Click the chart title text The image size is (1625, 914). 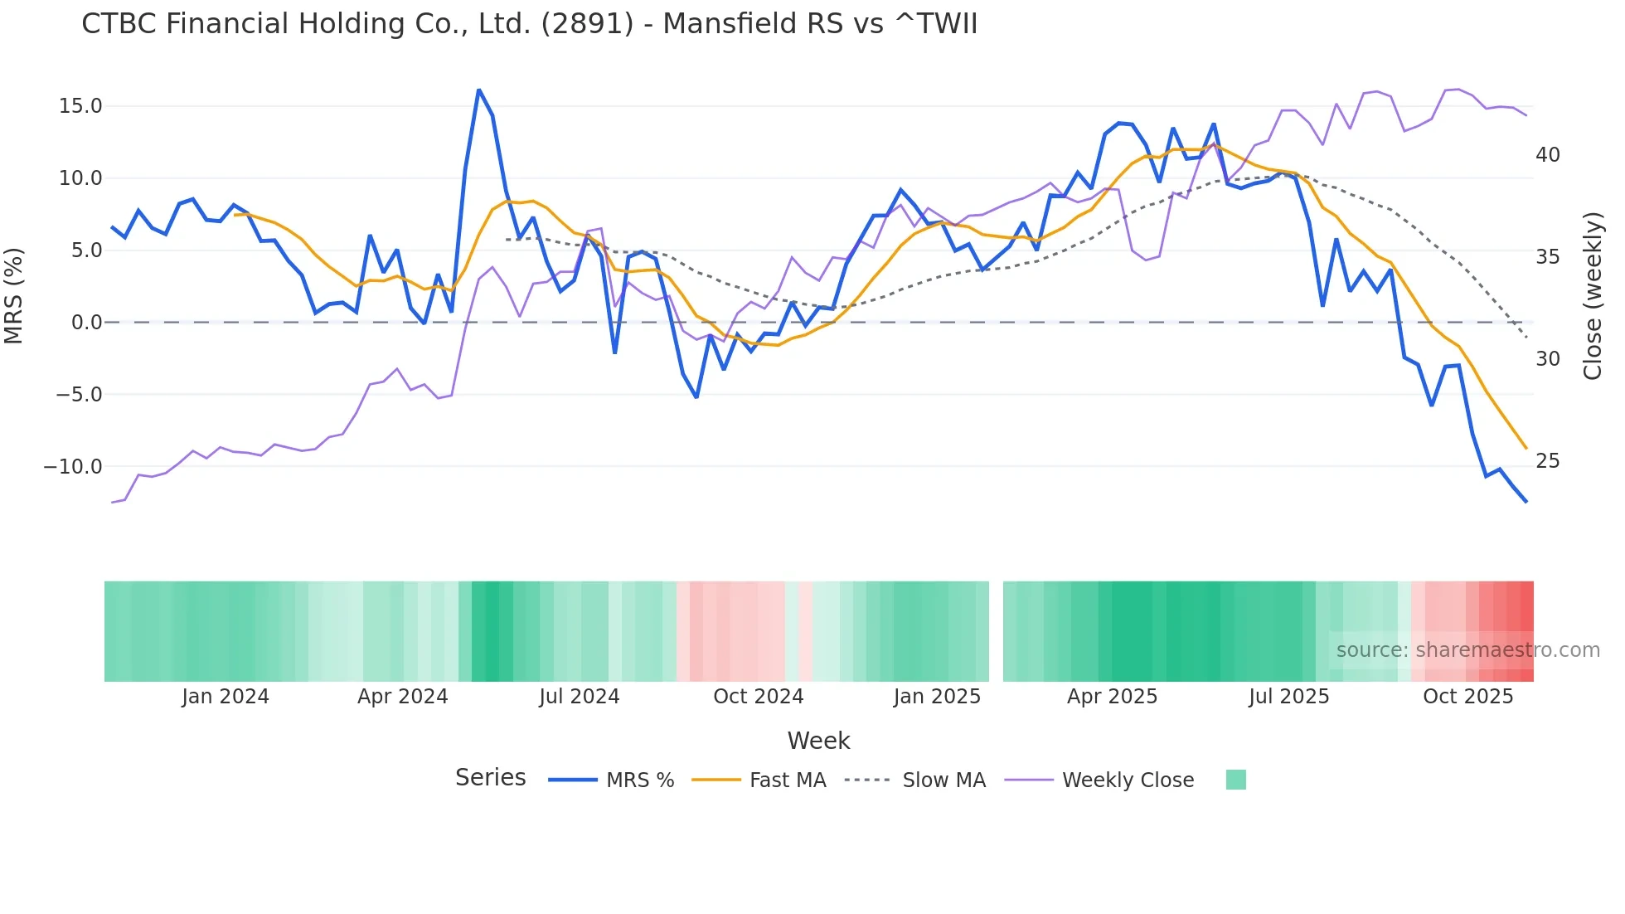tap(529, 24)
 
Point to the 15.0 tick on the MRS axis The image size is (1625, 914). tap(80, 106)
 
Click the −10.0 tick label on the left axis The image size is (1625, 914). tap(73, 467)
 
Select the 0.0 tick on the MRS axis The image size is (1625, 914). tap(86, 323)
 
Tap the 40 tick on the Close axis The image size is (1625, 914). tap(1547, 155)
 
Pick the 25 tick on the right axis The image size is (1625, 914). tap(1547, 461)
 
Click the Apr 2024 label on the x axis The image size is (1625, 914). tap(402, 697)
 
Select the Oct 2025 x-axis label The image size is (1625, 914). tap(1467, 697)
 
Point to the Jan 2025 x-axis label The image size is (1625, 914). tap(937, 697)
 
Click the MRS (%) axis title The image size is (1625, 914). tap(14, 295)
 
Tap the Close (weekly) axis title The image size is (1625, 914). tap(1593, 295)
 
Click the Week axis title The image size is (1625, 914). tap(818, 741)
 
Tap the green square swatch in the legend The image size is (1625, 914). tap(1235, 780)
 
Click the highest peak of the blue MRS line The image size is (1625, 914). tap(479, 90)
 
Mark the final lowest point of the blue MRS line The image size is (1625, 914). tap(1526, 501)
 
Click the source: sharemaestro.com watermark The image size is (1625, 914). tap(1467, 650)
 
